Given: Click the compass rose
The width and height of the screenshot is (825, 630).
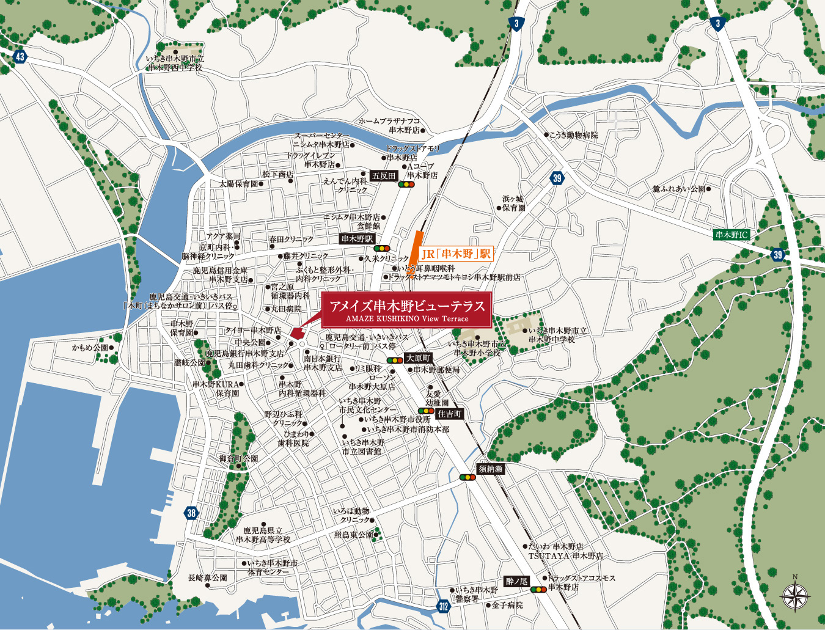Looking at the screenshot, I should point(795,594).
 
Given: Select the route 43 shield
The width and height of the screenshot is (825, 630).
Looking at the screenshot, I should point(20,57).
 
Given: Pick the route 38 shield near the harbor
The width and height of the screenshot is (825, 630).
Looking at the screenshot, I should point(191,513).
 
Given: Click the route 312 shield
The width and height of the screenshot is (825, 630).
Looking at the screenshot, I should point(444,606).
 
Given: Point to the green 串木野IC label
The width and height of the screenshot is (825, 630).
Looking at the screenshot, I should point(732,235).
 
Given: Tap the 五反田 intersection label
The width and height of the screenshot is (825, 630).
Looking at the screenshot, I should point(384,175).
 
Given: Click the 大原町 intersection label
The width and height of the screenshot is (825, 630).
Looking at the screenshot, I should point(418,358).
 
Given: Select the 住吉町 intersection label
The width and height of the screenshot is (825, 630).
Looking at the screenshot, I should point(450,414).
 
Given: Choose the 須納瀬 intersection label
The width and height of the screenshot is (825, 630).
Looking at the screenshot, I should point(490,469).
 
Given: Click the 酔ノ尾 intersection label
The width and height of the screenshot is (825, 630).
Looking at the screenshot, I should point(516,581).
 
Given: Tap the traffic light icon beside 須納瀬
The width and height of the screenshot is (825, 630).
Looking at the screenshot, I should point(468,477).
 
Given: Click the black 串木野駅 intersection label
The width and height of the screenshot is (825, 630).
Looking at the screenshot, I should point(358,239).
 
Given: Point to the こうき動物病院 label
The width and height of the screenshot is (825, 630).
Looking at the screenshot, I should point(573,135).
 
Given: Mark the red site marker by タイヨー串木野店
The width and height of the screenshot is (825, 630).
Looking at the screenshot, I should point(297,333).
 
